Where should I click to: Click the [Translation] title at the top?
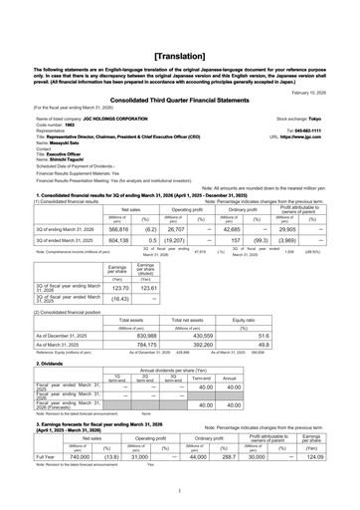[179, 31]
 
